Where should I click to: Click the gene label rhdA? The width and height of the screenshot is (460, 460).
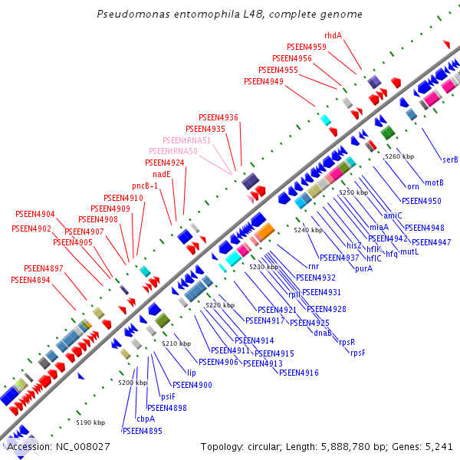333,35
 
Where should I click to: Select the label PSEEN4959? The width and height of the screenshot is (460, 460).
306,47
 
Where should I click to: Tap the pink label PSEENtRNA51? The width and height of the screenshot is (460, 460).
186,140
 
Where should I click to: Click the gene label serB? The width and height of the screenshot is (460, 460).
450,159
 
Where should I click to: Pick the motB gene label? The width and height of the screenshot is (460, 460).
434,182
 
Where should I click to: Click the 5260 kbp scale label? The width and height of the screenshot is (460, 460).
399,156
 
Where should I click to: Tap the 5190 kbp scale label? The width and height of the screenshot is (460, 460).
90,422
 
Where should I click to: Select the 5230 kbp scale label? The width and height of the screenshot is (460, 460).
263,266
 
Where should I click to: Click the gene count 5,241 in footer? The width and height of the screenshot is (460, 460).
439,446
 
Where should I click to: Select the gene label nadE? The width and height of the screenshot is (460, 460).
161,174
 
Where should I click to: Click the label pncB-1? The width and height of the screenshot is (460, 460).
145,186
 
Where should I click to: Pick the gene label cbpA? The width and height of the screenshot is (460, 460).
146,419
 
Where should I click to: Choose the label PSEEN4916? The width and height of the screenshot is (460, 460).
299,373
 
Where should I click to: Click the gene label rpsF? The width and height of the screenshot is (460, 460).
358,353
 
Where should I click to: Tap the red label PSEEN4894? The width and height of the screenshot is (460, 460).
31,281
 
